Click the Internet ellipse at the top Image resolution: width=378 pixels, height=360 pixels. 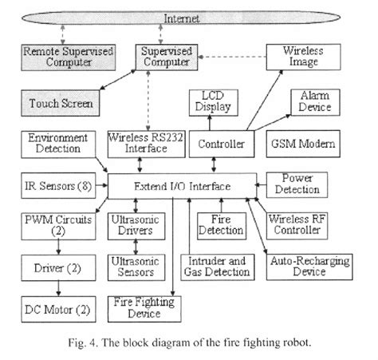pyautogui.click(x=188, y=18)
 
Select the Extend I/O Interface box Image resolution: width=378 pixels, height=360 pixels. pyautogui.click(x=182, y=186)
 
